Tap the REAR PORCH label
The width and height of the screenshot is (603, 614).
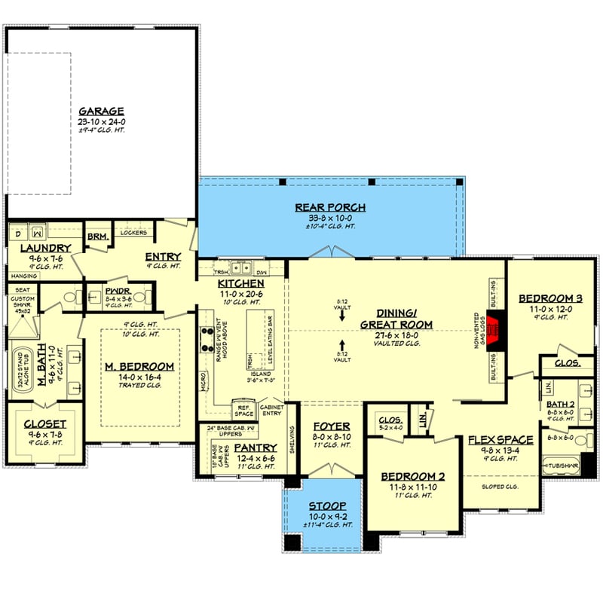[330, 207]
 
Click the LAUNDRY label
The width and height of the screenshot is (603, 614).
[45, 248]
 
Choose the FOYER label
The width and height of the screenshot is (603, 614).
[332, 426]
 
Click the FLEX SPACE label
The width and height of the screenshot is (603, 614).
[500, 439]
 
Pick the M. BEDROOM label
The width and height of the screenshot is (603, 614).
[139, 366]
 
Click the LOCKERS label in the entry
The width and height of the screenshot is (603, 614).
[133, 232]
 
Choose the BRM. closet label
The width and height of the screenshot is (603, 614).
[98, 237]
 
